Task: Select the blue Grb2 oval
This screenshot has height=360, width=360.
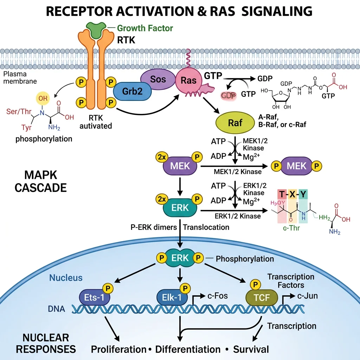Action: [x=133, y=91]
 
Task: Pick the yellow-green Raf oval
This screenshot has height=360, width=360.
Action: [x=235, y=123]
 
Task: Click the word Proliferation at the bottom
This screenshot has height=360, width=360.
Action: [x=118, y=349]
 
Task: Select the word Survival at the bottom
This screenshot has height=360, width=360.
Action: [x=251, y=349]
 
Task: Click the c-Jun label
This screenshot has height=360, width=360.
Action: [x=307, y=296]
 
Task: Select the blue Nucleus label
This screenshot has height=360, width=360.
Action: [x=66, y=278]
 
